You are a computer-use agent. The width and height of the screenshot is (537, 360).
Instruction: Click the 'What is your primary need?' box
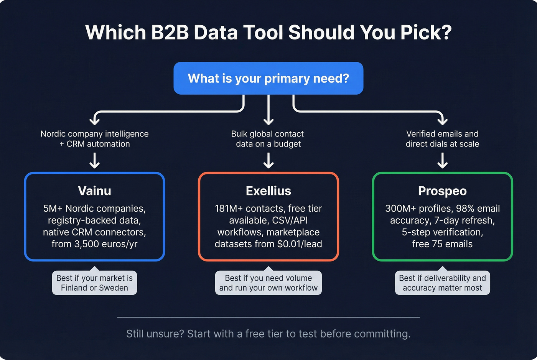(x=268, y=78)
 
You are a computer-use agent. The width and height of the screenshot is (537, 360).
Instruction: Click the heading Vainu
(x=94, y=191)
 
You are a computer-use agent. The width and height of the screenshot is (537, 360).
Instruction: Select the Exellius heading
(x=268, y=191)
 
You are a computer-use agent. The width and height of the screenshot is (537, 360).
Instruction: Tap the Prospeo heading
(x=442, y=191)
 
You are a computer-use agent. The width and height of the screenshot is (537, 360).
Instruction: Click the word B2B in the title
(x=170, y=32)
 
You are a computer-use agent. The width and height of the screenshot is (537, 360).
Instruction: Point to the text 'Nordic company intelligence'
(x=94, y=134)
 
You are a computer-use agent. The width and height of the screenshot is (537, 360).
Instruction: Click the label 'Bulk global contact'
(x=267, y=134)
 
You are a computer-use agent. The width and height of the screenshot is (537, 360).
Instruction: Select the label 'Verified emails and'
(x=442, y=134)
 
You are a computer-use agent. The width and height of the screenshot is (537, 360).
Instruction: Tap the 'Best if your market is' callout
(x=94, y=283)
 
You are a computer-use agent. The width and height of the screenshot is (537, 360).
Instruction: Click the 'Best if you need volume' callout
(x=268, y=283)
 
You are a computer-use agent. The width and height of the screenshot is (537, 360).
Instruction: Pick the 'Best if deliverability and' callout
(x=442, y=283)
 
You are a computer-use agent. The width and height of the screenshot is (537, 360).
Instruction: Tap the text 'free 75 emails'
(x=442, y=244)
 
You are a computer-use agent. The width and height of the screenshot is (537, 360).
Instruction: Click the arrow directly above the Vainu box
(x=94, y=161)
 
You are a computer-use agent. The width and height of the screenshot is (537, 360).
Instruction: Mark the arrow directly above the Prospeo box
(x=442, y=161)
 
